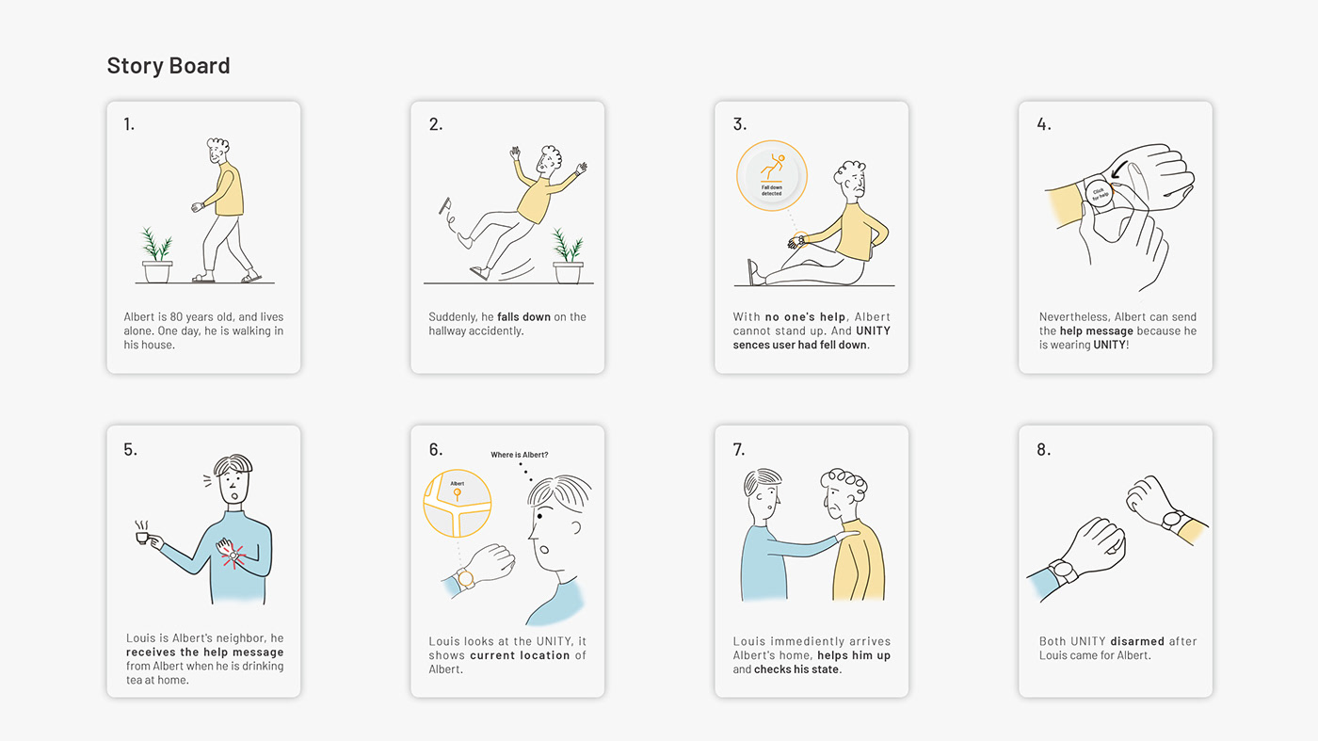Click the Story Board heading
click(x=169, y=66)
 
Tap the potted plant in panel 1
click(x=157, y=255)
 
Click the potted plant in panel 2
click(x=568, y=256)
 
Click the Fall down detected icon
click(x=771, y=175)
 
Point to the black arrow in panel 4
click(x=1119, y=169)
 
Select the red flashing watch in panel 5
click(x=233, y=555)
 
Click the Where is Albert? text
click(x=519, y=455)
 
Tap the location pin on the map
click(x=458, y=493)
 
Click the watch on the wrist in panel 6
click(x=465, y=578)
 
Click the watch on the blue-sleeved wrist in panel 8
click(x=1064, y=571)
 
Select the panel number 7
click(x=738, y=450)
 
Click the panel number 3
click(x=739, y=124)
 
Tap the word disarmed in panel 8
click(x=1137, y=641)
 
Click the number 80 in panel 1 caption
click(x=176, y=316)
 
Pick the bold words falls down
click(x=523, y=316)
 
